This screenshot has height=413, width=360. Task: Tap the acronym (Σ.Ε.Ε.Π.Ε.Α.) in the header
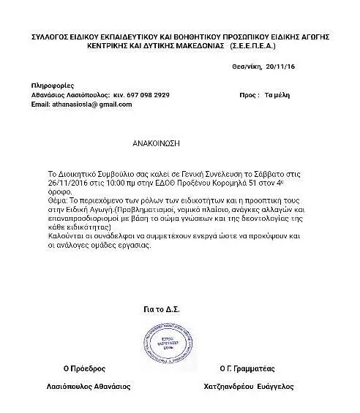(255, 45)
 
